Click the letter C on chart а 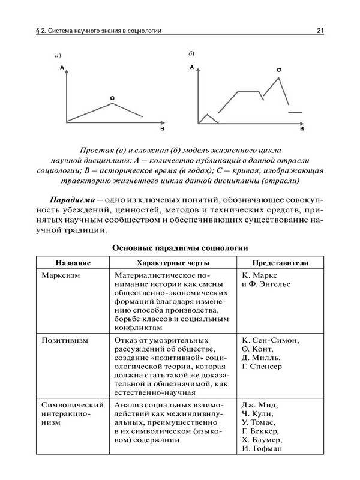point(113,97)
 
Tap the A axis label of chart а point(62,70)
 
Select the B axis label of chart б point(302,129)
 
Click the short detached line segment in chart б point(296,112)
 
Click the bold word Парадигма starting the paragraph point(72,199)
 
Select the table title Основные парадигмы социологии point(180,248)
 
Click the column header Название point(73,263)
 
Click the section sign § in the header point(38,31)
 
